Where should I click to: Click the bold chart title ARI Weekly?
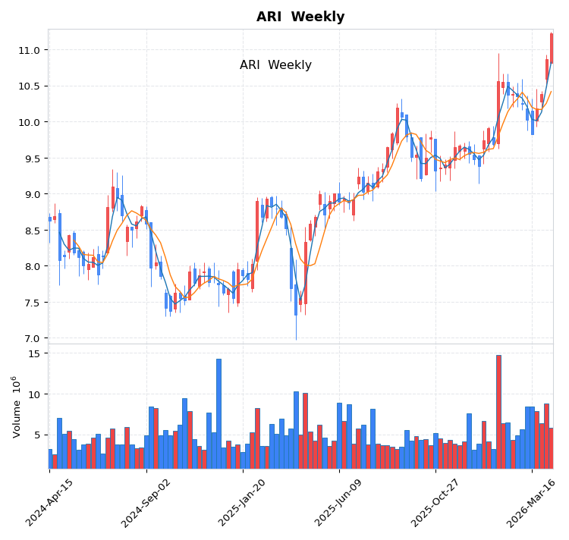(x=300, y=17)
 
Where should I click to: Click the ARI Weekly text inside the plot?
(x=275, y=65)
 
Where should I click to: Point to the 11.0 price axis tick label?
(x=29, y=50)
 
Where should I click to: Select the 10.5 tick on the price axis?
(x=29, y=86)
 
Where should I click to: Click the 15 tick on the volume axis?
(x=34, y=353)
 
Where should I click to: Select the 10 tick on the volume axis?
(x=34, y=394)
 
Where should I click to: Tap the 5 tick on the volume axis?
(x=37, y=435)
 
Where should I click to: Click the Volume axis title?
(x=16, y=407)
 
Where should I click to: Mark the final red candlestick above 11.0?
(x=552, y=48)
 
